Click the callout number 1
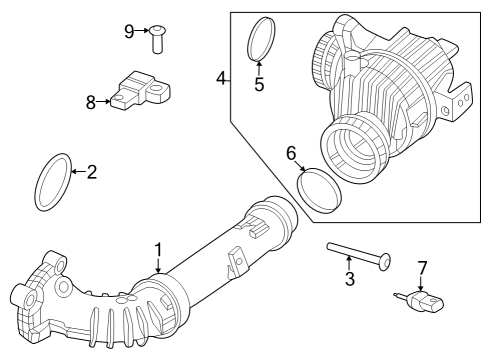(157, 249)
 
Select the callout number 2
(91, 172)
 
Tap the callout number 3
(350, 279)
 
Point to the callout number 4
(222, 76)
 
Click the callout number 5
(259, 84)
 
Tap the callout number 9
(129, 31)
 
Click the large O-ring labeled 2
(54, 183)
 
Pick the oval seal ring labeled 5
(261, 41)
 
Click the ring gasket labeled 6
(320, 190)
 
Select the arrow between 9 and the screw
(143, 31)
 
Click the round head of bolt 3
(384, 262)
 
